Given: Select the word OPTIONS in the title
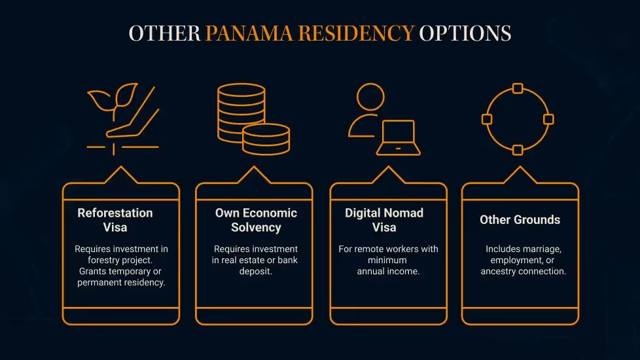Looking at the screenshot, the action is click(465, 34).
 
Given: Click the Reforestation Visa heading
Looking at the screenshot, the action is click(115, 220).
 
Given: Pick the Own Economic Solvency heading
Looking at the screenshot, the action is click(256, 220).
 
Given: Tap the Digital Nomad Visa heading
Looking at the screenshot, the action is click(384, 220).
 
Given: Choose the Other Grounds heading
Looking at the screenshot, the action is click(520, 220).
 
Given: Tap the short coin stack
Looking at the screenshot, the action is click(266, 139).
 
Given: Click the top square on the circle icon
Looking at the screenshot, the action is click(517, 88).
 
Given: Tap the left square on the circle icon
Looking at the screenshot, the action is click(486, 119).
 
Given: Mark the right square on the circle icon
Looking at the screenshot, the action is click(548, 119).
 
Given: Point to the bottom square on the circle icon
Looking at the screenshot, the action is click(517, 150).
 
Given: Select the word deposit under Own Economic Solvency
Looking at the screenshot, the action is click(255, 271).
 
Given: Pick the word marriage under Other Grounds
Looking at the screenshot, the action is click(542, 249).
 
